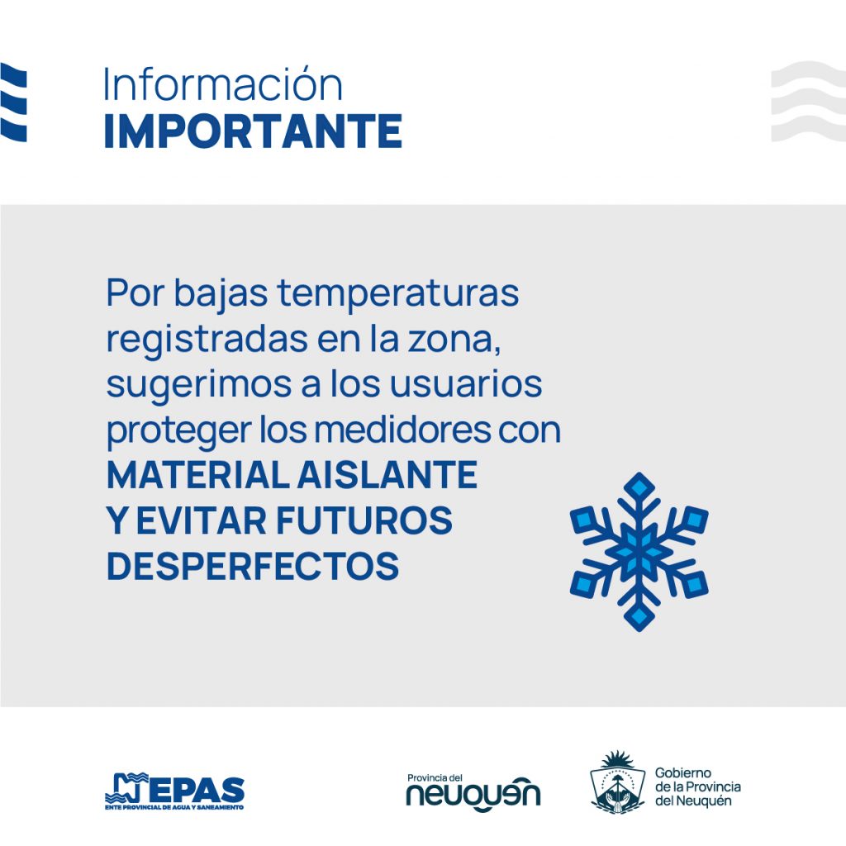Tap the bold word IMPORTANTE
(253, 131)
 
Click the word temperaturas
(398, 293)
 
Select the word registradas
(207, 340)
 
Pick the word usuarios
(466, 385)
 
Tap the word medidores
(402, 430)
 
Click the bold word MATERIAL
(198, 475)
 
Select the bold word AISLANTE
(387, 475)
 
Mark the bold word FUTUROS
(364, 520)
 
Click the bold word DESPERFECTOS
(253, 565)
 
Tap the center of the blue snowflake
(639, 552)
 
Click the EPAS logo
(175, 791)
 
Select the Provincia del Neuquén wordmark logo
(473, 792)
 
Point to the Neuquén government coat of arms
(618, 782)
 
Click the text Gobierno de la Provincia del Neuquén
(697, 787)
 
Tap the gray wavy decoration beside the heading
(808, 102)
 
